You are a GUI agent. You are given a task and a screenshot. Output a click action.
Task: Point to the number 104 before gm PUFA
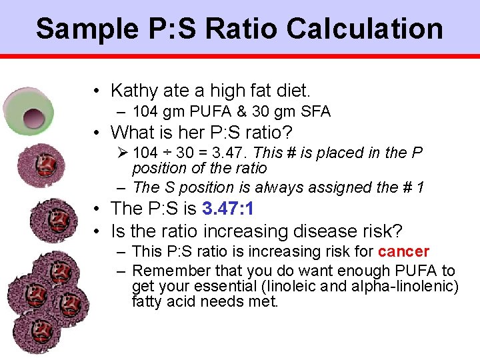point(145,111)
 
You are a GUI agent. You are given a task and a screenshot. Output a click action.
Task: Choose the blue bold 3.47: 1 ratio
point(227,209)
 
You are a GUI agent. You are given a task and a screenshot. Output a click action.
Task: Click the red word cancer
point(403,251)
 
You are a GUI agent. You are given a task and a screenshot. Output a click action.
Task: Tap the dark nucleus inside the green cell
point(32,119)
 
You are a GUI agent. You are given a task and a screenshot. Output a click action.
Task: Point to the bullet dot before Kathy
point(97,91)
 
